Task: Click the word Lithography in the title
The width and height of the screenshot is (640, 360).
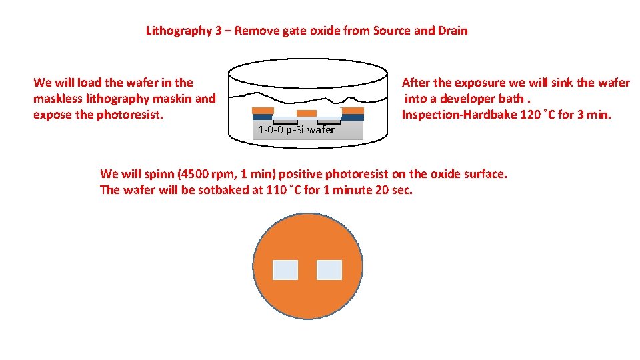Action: pyautogui.click(x=179, y=31)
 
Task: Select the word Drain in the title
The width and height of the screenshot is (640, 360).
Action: pyautogui.click(x=453, y=31)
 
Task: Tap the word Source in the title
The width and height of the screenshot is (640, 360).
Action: pyautogui.click(x=392, y=31)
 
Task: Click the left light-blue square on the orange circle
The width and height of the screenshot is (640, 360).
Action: pyautogui.click(x=285, y=270)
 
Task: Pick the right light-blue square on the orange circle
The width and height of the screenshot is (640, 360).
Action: pyautogui.click(x=329, y=270)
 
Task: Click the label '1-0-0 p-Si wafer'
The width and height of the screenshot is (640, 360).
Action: pyautogui.click(x=296, y=130)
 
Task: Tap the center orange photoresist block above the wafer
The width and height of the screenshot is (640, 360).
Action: pyautogui.click(x=306, y=113)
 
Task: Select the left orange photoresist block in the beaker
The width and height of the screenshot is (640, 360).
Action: pyautogui.click(x=263, y=111)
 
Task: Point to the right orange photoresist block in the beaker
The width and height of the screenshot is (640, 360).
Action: pyautogui.click(x=352, y=111)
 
